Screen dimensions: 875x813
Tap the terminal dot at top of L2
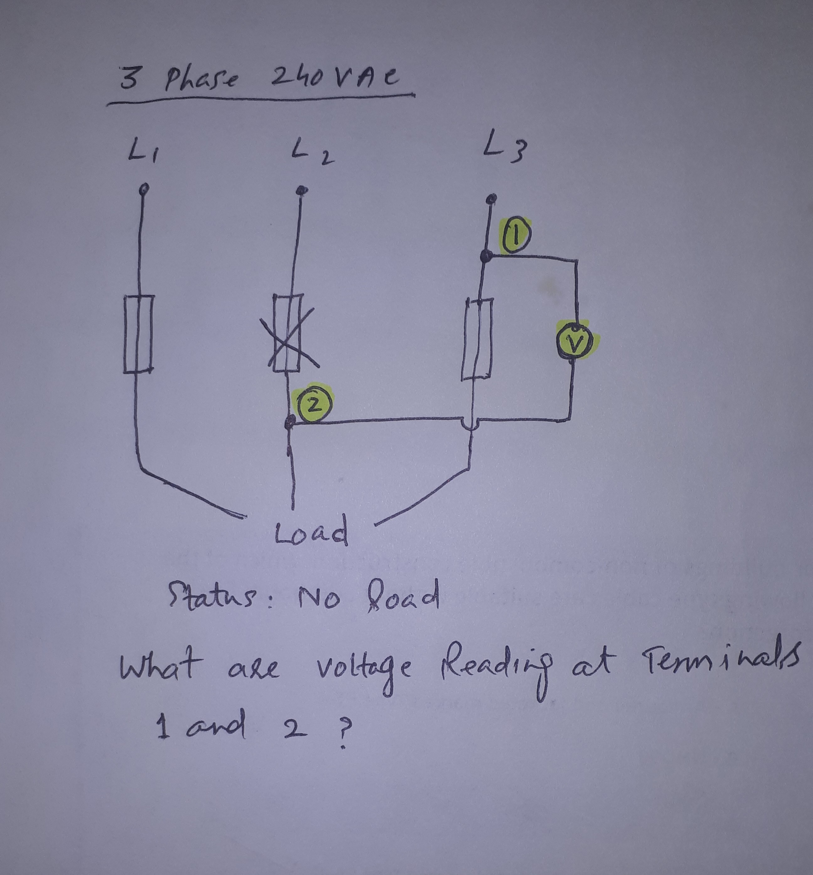tap(301, 190)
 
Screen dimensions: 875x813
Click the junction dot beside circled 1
tap(486, 256)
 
